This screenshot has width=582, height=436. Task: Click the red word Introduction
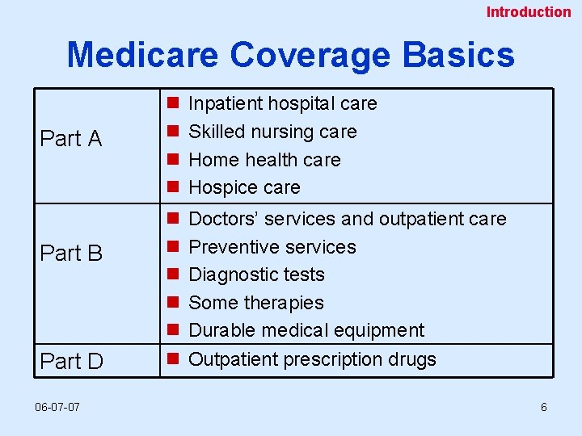(528, 12)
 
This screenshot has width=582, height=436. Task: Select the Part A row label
(71, 139)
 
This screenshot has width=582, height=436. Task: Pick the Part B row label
(71, 254)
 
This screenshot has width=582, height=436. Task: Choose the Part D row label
(71, 362)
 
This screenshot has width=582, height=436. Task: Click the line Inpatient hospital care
(282, 103)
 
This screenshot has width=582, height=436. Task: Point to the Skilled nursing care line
(272, 132)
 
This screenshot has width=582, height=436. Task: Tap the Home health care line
(264, 160)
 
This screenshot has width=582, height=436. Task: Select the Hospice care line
(244, 187)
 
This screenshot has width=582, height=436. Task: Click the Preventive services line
(272, 247)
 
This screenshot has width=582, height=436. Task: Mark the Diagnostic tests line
(256, 275)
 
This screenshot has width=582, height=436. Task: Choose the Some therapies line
(255, 303)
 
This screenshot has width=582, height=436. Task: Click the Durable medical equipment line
(306, 330)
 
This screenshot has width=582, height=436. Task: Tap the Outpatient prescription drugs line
(312, 359)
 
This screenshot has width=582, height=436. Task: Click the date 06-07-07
(57, 407)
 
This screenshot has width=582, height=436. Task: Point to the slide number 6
(544, 407)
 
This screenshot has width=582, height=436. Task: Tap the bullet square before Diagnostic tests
(172, 275)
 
